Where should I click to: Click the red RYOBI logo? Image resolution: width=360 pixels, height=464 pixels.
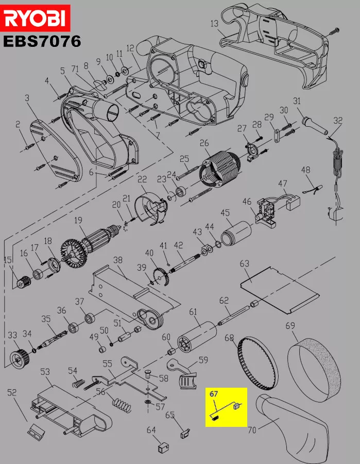point(35,18)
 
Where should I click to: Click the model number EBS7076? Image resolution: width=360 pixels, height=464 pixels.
point(42,41)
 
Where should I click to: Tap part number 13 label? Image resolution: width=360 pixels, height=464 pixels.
point(214,23)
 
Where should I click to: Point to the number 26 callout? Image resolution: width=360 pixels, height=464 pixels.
point(204,143)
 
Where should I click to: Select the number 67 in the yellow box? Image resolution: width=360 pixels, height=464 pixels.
point(213,394)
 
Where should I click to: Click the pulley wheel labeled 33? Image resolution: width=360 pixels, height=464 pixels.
point(20,358)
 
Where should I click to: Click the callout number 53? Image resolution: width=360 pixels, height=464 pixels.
point(45,371)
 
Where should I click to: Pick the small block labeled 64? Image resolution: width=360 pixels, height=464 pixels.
point(163,447)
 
